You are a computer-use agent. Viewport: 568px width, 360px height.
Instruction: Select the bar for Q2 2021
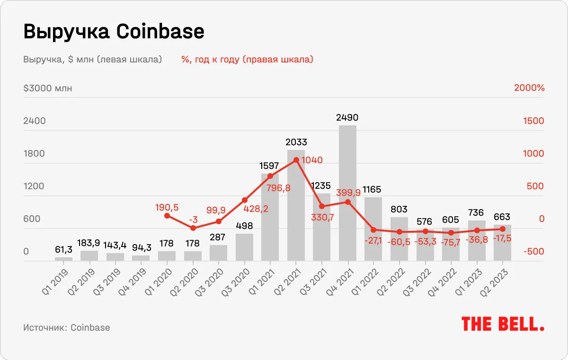[296, 205]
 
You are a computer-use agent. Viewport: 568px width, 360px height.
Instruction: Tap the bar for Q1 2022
[373, 229]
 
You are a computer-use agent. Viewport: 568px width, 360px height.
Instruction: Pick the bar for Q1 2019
[63, 259]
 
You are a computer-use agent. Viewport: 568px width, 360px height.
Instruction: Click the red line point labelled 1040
[296, 160]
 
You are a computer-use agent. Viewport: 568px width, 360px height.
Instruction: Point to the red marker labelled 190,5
[167, 216]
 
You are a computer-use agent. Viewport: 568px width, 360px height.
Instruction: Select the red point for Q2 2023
[502, 229]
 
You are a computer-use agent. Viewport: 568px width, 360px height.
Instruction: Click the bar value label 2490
[348, 117]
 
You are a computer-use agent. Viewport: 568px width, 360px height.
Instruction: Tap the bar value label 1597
[270, 166]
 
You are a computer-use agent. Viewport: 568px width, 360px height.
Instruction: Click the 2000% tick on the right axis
[529, 88]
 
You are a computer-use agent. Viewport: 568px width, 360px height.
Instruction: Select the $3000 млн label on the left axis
[47, 88]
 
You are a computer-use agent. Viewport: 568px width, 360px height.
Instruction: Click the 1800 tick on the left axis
[35, 153]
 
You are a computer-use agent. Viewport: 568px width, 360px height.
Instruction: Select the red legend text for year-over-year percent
[247, 60]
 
